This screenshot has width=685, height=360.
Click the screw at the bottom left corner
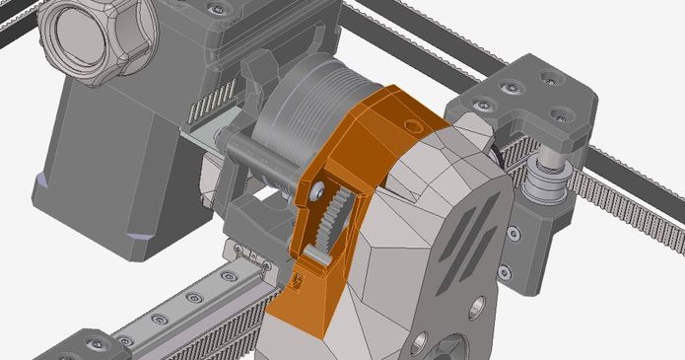point(96,344)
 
